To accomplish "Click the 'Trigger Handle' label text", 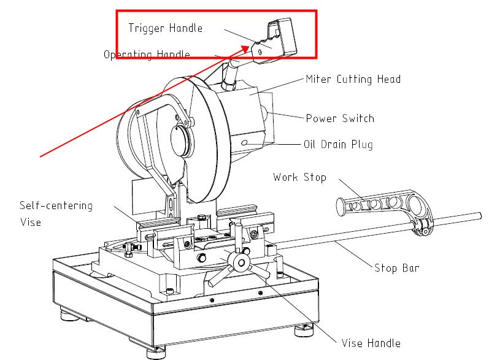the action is tap(166, 28).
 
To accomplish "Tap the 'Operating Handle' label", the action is tap(147, 55).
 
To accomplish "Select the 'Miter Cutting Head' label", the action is tap(353, 79).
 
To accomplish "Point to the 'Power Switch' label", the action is tap(340, 118).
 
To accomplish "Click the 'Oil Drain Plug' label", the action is tap(338, 145).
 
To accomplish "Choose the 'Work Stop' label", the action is tap(299, 177).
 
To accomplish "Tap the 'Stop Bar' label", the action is tap(397, 268).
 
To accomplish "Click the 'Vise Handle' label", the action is tap(371, 343).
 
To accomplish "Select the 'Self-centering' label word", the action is tap(56, 205).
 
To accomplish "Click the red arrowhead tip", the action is tap(250, 46).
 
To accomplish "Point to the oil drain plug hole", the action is tap(244, 143).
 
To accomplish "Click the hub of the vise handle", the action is tap(241, 262).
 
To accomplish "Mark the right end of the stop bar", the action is tap(480, 216).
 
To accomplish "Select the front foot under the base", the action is tap(156, 353).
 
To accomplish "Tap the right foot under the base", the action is tap(304, 331).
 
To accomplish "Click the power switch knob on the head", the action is tap(264, 115).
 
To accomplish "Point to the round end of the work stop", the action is tap(341, 207).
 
